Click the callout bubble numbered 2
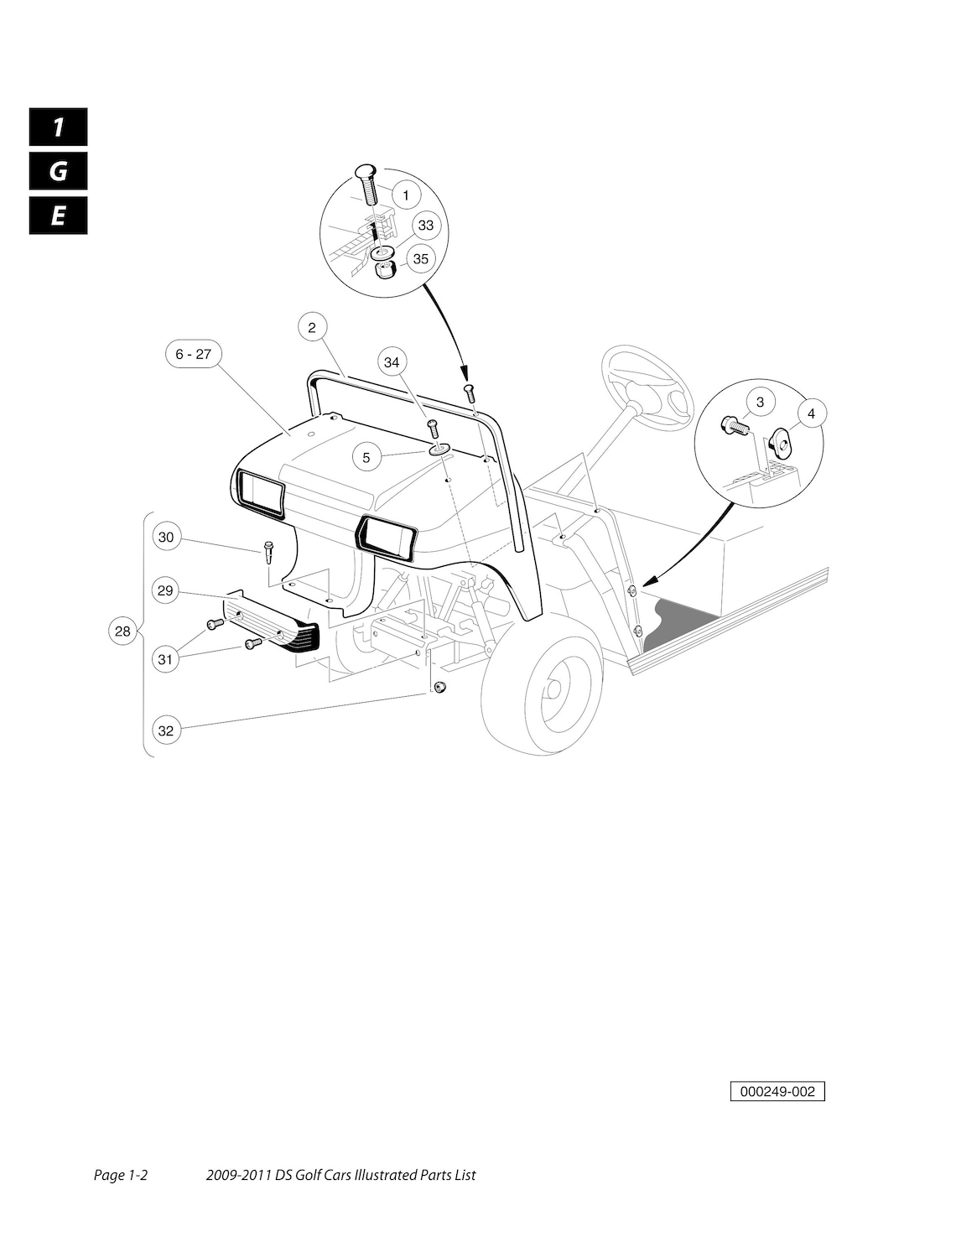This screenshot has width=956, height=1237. [312, 327]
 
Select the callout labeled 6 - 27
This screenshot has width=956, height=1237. [193, 355]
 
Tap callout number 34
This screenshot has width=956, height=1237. [392, 362]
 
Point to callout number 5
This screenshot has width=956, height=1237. [366, 458]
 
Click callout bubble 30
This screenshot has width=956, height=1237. [166, 537]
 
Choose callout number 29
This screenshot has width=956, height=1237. [165, 591]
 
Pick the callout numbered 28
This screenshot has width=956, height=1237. [123, 631]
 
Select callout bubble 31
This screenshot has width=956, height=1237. [165, 659]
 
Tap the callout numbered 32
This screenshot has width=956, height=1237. [166, 730]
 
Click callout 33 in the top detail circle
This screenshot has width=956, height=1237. [426, 226]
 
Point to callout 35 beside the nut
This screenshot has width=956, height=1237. [420, 259]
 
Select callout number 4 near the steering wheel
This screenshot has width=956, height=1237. [811, 413]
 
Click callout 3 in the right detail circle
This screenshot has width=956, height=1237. [760, 403]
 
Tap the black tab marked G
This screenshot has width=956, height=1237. [58, 172]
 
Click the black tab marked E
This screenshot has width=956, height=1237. [58, 216]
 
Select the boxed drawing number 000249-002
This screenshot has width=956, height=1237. [777, 1092]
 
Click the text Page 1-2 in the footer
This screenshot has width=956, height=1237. [121, 1175]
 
